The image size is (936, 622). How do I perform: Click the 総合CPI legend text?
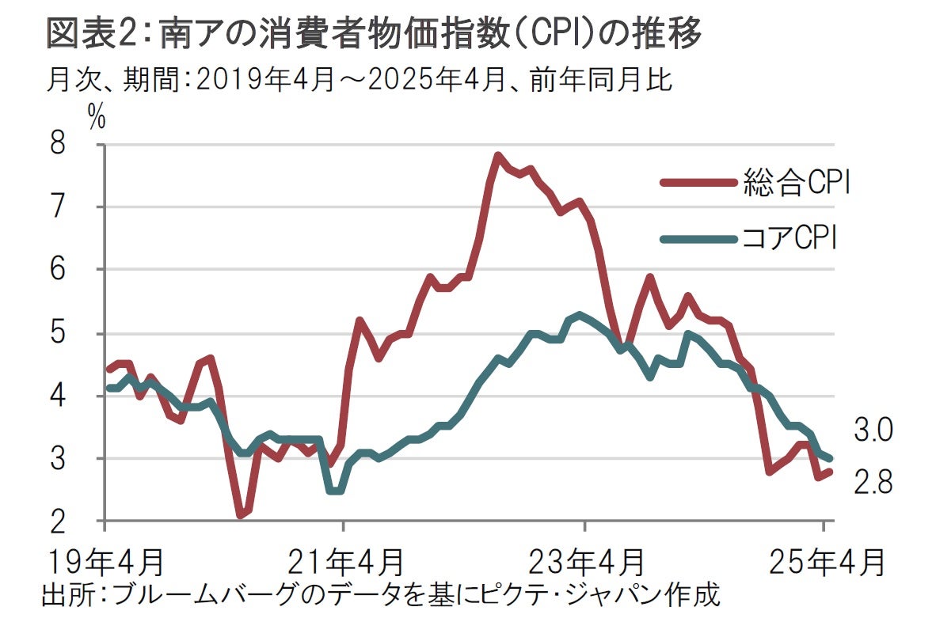[797, 182]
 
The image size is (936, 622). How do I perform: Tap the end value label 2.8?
[873, 482]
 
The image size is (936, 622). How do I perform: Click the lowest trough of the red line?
[240, 515]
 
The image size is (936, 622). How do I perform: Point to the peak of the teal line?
[580, 315]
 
